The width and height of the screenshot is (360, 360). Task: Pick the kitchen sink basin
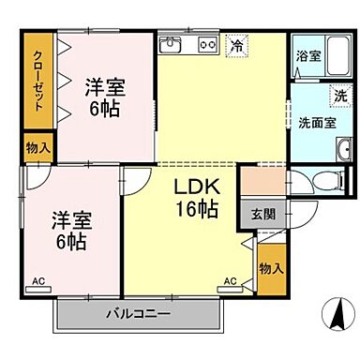click(x=172, y=44)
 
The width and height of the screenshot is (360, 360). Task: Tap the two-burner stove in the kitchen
click(x=207, y=44)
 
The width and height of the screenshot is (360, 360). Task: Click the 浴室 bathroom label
click(x=308, y=55)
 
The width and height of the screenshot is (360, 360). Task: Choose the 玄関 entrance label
click(x=262, y=212)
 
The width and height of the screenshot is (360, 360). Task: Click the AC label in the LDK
click(x=230, y=280)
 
